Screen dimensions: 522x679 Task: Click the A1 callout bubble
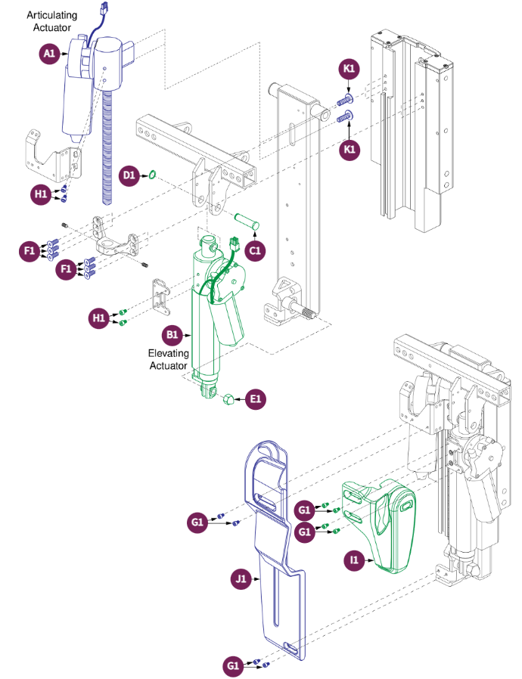pos(49,54)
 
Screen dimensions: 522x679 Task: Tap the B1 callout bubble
pos(172,335)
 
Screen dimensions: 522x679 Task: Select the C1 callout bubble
pos(255,251)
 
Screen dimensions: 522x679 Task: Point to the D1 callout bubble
pos(129,175)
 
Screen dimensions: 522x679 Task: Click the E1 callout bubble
pos(256,398)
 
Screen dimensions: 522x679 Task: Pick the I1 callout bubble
pos(354,560)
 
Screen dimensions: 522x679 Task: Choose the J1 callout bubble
pos(241,578)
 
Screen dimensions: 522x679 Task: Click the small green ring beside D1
pos(152,175)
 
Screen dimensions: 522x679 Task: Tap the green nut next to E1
pos(228,398)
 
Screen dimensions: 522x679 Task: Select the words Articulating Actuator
pos(52,21)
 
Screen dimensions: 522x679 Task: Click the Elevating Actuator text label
pos(169,359)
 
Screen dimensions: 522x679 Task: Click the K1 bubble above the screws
pos(349,68)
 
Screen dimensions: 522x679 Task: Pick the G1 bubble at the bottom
pos(233,665)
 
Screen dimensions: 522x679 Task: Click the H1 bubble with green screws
pos(99,318)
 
